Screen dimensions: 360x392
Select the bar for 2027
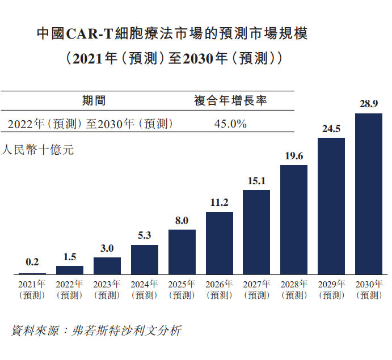(256, 232)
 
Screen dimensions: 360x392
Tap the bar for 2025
(182, 252)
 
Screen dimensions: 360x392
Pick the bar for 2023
(107, 266)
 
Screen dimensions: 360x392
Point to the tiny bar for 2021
(32, 274)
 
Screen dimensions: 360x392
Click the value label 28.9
(368, 104)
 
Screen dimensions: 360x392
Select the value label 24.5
(331, 129)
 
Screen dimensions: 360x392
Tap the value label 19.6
(293, 156)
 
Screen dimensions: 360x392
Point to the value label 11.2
(219, 202)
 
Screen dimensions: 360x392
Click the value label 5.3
(144, 235)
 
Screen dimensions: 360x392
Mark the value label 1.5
(69, 257)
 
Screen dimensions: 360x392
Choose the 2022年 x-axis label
(69, 284)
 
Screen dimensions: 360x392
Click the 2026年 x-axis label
(219, 284)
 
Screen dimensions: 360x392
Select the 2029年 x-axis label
(331, 284)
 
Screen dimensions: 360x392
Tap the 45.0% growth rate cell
(230, 124)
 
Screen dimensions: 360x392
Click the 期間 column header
(94, 101)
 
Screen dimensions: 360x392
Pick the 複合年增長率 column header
(230, 101)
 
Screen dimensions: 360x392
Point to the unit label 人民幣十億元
(38, 150)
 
